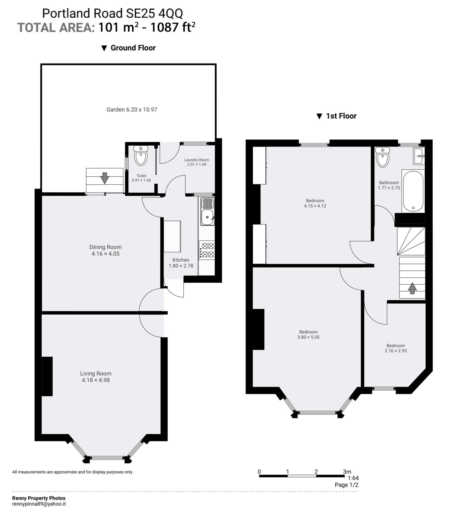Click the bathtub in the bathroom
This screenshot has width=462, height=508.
[413, 191]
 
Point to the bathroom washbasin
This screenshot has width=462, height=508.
[419, 156]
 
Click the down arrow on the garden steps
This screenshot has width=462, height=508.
[105, 178]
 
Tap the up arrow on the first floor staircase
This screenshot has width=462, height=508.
[412, 288]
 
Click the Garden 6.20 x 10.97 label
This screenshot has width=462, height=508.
[132, 110]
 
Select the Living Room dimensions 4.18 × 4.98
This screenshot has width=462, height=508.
[96, 380]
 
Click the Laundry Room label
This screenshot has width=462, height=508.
[196, 160]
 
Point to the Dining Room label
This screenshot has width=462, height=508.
[106, 247]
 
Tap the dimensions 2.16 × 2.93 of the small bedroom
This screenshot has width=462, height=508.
[395, 351]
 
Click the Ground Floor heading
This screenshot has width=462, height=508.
[133, 48]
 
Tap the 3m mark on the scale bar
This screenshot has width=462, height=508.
[347, 472]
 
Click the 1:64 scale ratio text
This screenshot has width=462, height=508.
[353, 478]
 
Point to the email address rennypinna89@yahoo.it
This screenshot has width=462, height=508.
[39, 504]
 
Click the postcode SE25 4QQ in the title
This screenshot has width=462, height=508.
[154, 13]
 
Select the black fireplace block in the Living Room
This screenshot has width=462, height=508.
[47, 376]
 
